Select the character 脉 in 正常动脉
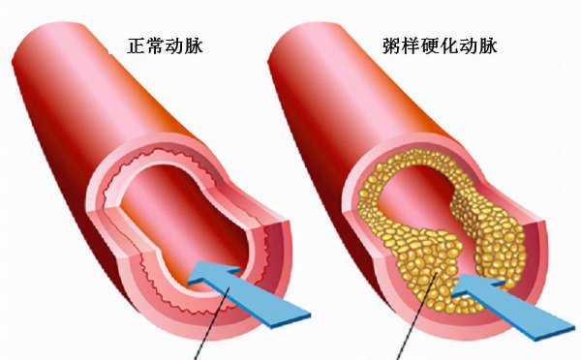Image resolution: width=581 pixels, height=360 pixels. pos(208,45)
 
